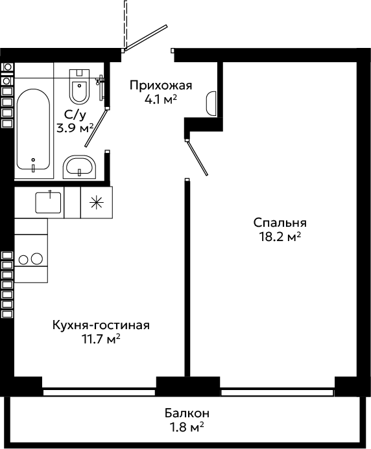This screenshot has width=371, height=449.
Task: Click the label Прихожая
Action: pos(161,86)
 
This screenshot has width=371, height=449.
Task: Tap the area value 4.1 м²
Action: pos(161,100)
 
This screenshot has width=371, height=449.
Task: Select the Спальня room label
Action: pos(280,223)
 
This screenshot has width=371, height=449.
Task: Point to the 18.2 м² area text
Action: pos(280,237)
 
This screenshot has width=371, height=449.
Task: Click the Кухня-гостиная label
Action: pos(101,325)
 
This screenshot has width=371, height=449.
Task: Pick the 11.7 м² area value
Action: pos(101,340)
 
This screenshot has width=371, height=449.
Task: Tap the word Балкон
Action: pos(187,413)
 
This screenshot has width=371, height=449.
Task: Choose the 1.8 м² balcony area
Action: pos(187,427)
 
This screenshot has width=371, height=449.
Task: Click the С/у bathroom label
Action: pos(75,115)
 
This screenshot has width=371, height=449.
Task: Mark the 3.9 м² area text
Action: pos(75,128)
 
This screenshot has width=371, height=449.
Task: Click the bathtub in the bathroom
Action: pos(33,130)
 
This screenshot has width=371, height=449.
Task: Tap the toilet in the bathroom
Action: pos(79,86)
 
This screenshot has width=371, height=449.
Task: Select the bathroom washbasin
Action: pos(79,167)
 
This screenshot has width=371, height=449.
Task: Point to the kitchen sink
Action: pos(48,202)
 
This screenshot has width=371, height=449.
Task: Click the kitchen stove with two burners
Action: pos(30,259)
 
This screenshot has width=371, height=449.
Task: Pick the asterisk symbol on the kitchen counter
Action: pos(97,202)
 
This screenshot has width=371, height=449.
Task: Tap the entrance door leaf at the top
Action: pos(145,38)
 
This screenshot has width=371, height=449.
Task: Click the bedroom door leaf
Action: pos(197,157)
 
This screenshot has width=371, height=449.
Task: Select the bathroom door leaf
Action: pos(97,128)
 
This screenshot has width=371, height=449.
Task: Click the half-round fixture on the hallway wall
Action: pos(211,104)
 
